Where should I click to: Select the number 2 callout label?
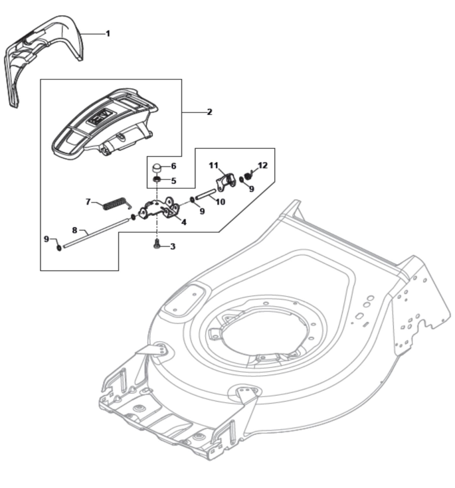click(x=209, y=112)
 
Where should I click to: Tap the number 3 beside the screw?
click(x=173, y=246)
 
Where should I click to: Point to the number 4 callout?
click(x=183, y=222)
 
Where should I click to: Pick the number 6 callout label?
click(x=173, y=166)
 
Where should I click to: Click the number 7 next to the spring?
click(x=88, y=201)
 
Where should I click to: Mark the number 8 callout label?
click(x=75, y=230)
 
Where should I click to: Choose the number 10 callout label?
click(x=221, y=201)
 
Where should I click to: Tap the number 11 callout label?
click(x=213, y=164)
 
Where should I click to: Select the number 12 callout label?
click(x=262, y=165)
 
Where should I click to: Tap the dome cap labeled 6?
click(x=155, y=166)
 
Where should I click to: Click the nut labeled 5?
click(x=155, y=180)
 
